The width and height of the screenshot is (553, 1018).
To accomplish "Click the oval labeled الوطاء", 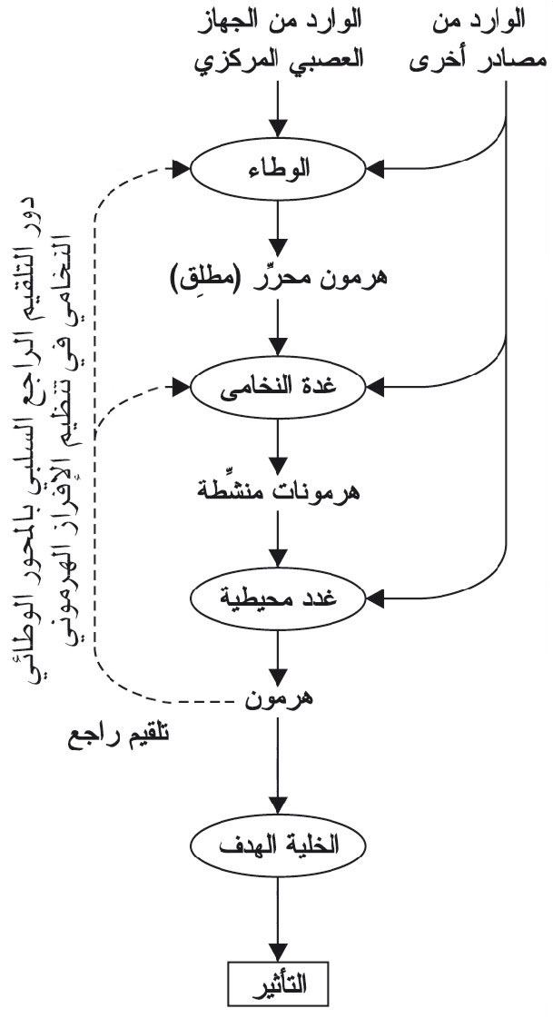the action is point(278,170).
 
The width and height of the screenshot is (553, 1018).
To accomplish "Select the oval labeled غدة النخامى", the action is point(278,389).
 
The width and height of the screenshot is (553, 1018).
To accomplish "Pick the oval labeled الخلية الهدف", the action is point(278,846).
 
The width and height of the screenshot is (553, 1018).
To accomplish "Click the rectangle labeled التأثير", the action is point(278,983).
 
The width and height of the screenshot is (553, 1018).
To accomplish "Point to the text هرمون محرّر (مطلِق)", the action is point(278,279).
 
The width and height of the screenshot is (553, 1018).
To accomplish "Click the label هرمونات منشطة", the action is point(278,490).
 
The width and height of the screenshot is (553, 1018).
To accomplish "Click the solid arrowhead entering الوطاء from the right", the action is point(377,170).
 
